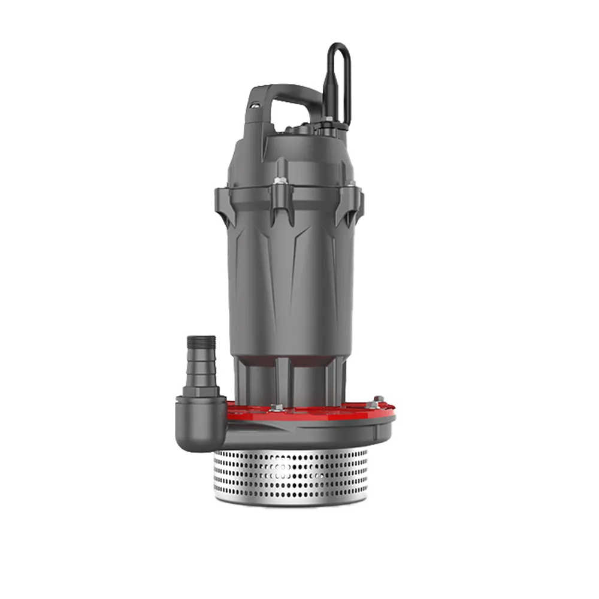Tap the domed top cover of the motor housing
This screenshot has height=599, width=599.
click(x=288, y=153)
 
